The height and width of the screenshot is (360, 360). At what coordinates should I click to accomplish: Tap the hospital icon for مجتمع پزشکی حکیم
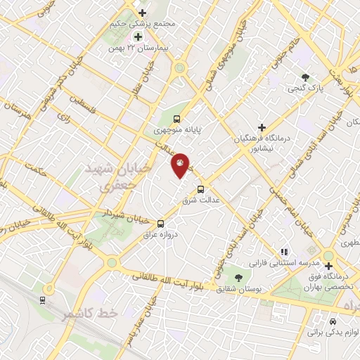click(x=143, y=13)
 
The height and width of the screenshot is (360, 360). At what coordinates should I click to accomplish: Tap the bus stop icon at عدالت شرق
click(x=201, y=188)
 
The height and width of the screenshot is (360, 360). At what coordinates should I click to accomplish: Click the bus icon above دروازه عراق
click(x=162, y=223)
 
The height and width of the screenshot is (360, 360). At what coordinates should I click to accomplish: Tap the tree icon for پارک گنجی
click(x=304, y=77)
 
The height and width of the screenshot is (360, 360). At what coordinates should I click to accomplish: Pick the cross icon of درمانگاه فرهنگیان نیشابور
click(x=262, y=127)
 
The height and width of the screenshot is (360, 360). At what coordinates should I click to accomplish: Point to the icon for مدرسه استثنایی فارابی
click(x=284, y=251)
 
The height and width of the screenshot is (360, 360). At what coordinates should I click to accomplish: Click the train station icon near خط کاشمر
click(x=44, y=300)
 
